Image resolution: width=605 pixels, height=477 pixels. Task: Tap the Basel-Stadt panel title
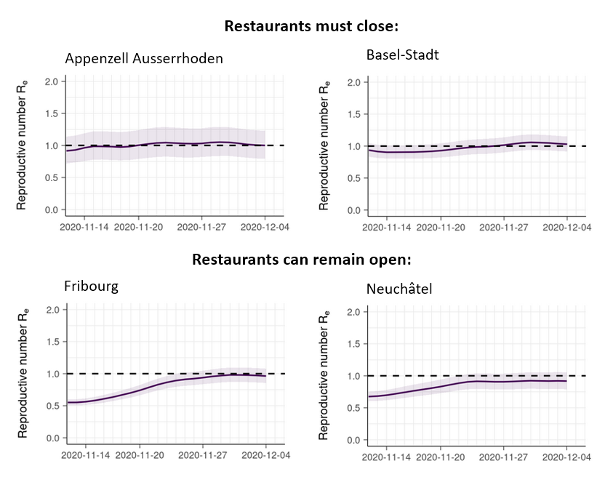(x=402, y=55)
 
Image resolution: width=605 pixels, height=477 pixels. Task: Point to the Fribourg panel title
(x=92, y=286)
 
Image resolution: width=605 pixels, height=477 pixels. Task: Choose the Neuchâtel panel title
(x=400, y=289)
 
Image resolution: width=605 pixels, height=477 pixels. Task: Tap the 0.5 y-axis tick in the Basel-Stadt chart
(x=353, y=178)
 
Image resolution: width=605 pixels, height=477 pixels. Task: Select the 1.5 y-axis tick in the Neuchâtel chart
(x=353, y=344)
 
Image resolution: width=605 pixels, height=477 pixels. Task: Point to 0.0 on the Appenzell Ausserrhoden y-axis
(x=51, y=210)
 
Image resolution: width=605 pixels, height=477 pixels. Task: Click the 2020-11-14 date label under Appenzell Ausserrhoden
(x=84, y=226)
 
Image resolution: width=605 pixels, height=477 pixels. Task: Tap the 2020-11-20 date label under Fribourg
(x=139, y=454)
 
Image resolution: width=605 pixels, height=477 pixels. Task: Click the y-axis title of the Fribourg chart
(x=23, y=374)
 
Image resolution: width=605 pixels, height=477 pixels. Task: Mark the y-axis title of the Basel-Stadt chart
(x=324, y=146)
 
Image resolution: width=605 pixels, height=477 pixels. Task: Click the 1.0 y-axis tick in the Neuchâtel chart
(x=353, y=376)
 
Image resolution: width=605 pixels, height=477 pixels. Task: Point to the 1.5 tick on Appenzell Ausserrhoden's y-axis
(x=51, y=113)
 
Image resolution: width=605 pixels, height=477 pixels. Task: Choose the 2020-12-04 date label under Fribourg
(x=265, y=454)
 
